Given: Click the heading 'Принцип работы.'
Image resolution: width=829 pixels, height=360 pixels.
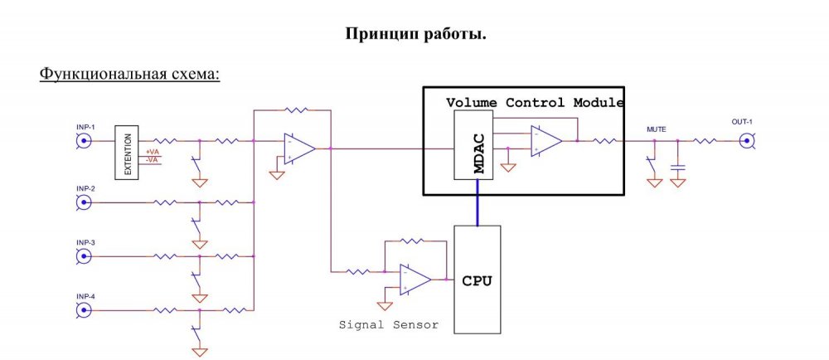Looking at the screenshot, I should click(x=414, y=34).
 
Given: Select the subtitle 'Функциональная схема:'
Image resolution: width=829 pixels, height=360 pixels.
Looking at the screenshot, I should click(x=129, y=74).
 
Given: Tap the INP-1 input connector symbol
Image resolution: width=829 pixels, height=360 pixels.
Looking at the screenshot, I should click(x=84, y=141).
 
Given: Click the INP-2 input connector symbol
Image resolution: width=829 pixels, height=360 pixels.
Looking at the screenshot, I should click(x=84, y=202).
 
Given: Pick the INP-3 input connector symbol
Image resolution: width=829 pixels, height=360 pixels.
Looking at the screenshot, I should click(x=84, y=256).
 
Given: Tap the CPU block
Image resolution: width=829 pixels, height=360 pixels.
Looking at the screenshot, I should click(x=477, y=280).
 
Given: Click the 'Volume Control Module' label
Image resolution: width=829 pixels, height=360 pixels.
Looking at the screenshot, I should click(x=535, y=102).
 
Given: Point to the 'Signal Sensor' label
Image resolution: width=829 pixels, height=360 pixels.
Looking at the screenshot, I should click(x=388, y=324).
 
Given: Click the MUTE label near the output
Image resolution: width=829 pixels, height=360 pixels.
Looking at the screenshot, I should click(x=656, y=129).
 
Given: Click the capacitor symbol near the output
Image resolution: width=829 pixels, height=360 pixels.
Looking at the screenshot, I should click(x=677, y=167).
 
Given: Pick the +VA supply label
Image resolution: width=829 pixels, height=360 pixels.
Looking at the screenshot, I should click(x=153, y=152).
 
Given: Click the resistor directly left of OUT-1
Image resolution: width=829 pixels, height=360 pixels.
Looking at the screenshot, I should click(x=705, y=140).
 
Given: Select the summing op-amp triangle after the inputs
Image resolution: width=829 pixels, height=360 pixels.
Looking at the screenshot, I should click(x=299, y=148).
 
